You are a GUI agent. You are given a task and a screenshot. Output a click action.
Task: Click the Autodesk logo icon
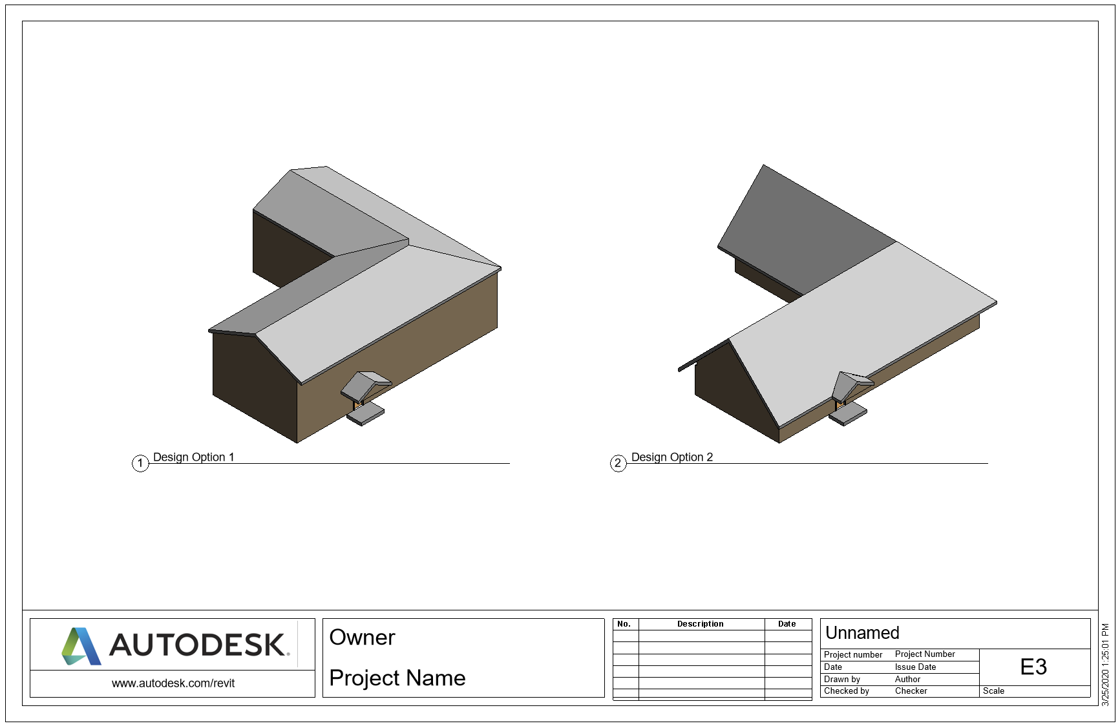[81, 646]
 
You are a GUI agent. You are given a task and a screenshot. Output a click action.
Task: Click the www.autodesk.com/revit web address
[173, 683]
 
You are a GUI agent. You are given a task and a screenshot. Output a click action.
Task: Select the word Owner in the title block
[362, 638]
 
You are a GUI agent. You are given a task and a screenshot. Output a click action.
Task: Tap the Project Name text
[397, 678]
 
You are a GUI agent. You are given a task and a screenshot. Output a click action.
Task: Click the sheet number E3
[1033, 667]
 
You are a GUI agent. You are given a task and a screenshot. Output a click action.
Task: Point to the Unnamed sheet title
[862, 633]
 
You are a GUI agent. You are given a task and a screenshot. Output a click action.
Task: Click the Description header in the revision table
[700, 624]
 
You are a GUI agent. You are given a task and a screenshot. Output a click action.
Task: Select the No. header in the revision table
[624, 624]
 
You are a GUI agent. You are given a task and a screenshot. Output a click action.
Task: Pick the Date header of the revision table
[787, 624]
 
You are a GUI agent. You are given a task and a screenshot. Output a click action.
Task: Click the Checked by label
[846, 691]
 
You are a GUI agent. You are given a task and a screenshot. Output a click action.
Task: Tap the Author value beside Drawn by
[907, 680]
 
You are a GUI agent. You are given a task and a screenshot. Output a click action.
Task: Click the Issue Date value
[915, 667]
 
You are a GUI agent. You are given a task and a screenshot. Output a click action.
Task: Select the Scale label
[993, 691]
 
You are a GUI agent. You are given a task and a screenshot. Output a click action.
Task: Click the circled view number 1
[140, 463]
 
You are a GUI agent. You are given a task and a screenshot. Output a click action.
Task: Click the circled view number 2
[618, 463]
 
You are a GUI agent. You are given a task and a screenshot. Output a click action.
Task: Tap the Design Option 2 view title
[671, 457]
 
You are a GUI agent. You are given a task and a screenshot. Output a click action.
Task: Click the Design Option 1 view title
[193, 457]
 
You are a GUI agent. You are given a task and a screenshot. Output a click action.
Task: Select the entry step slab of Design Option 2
[848, 414]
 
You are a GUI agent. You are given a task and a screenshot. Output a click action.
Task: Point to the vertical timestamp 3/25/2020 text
[1105, 665]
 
